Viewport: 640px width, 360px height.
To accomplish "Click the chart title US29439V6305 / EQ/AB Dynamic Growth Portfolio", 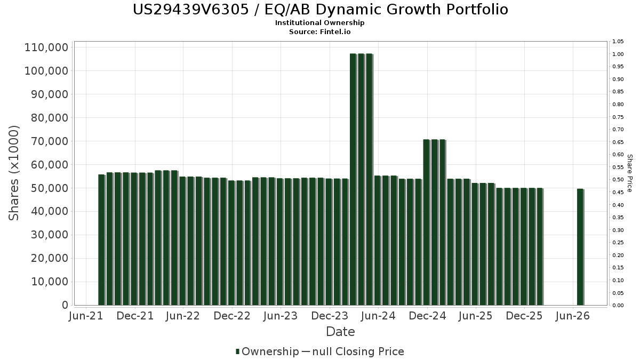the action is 321,10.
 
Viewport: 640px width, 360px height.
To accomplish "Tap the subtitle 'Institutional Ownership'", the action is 319,23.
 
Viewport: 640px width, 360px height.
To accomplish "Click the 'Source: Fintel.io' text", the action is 319,31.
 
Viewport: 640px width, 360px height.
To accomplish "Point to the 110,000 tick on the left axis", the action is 46,47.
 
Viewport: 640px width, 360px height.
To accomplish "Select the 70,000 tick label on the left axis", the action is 50,141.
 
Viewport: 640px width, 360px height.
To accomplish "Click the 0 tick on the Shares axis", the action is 65,305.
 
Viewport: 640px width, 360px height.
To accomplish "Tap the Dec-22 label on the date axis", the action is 232,316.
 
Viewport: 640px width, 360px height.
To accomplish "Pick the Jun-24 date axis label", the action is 378,316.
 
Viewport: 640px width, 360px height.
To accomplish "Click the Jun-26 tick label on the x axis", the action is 573,316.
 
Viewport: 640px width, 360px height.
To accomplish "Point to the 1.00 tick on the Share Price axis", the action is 618,54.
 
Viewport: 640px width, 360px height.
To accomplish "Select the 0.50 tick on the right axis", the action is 618,180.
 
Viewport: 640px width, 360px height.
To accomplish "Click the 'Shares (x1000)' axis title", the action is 14,173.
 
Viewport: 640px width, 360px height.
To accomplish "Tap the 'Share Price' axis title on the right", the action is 630,173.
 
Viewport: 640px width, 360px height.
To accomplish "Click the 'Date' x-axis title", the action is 341,332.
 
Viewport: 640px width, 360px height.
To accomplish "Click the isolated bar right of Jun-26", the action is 581,247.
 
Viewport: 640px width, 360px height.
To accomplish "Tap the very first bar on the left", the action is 102,239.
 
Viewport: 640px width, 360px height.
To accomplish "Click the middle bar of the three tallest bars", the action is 362,179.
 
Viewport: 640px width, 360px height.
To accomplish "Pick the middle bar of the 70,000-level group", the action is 435,222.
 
